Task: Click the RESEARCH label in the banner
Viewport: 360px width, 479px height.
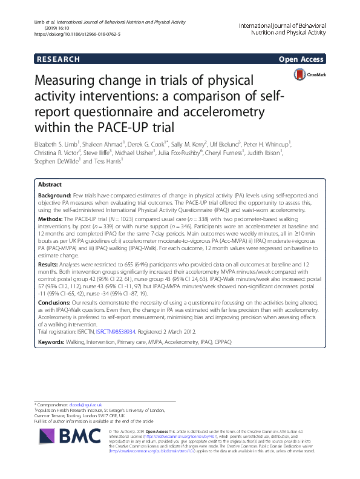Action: click(x=58, y=59)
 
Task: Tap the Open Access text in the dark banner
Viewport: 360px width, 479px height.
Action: click(x=301, y=59)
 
